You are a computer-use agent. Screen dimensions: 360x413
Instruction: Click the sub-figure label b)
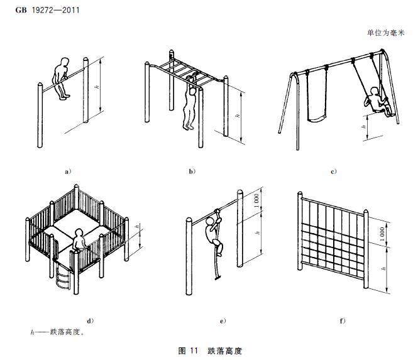pos(192,170)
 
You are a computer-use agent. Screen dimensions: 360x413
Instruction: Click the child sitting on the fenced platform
pos(78,242)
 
